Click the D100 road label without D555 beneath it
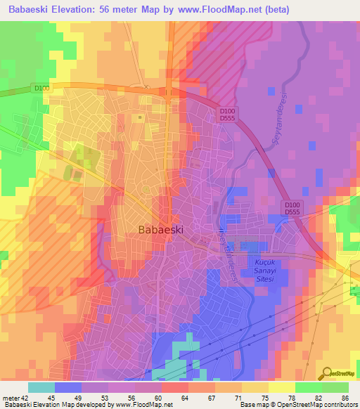pyautogui.click(x=41, y=88)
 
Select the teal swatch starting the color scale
pyautogui.click(x=41, y=387)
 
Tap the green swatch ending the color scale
pyautogui.click(x=335, y=387)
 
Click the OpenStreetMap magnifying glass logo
pyautogui.click(x=326, y=373)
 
